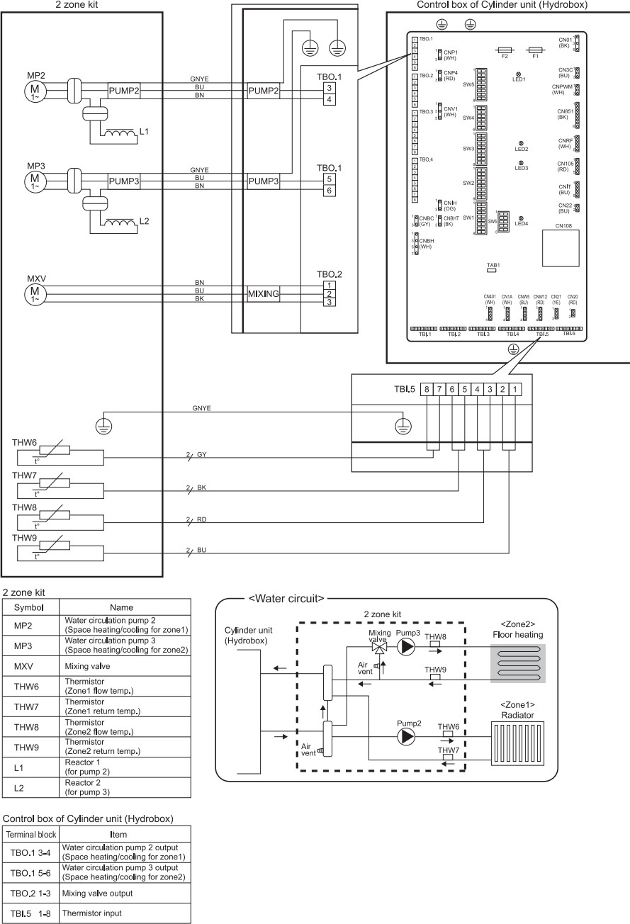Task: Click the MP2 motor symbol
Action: [x=34, y=90]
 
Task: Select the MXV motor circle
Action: [x=34, y=292]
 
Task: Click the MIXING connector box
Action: [x=264, y=293]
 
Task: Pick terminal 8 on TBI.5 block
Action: [x=426, y=389]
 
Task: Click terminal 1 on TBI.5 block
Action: [x=515, y=389]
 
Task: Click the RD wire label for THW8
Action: [x=202, y=519]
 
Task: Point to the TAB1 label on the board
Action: [x=494, y=266]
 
